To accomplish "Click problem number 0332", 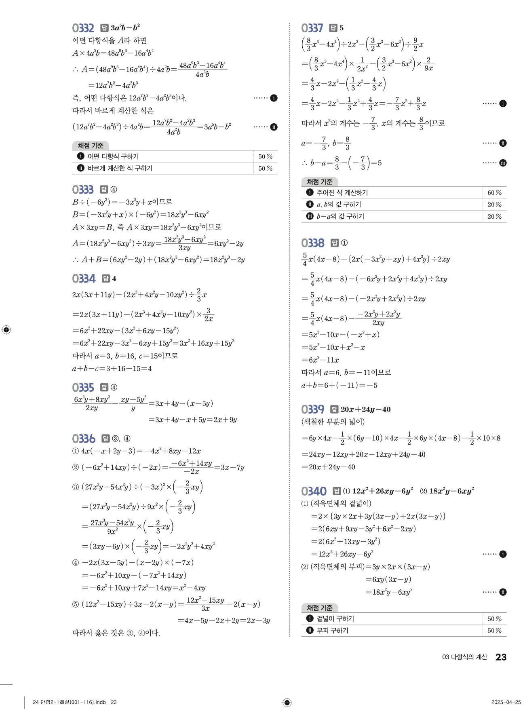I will [83, 28].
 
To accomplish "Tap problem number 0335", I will [83, 388].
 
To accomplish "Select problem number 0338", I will [312, 243].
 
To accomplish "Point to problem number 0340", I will [314, 491].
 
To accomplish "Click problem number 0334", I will [84, 279].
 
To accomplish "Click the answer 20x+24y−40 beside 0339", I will [365, 409].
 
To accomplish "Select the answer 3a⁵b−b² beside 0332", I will [125, 28].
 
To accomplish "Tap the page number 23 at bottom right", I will [501, 657].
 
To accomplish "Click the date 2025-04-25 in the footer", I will [506, 702].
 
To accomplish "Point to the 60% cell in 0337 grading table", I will [494, 193].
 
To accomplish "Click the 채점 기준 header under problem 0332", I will [91, 146].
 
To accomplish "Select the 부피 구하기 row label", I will [332, 631].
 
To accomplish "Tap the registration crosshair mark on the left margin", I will [6, 330].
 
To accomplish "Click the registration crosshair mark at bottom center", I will [287, 702].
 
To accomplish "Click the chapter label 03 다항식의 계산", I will [464, 657].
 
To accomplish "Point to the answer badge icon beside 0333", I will [104, 190].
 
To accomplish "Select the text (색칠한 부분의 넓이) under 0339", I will [333, 422].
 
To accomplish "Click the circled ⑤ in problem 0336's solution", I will [76, 604].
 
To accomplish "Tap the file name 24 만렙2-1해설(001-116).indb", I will [69, 702].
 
